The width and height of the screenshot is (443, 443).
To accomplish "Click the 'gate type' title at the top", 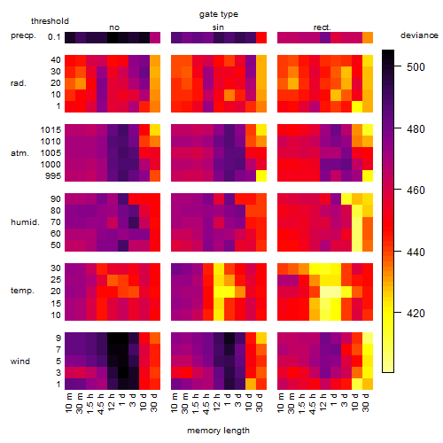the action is click(219, 14).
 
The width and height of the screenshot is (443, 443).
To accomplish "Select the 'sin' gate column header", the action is click(218, 27).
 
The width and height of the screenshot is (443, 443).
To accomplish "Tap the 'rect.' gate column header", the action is click(322, 27).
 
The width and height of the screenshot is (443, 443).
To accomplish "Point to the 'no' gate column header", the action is click(114, 27).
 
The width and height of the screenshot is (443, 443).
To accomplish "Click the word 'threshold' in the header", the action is click(50, 21).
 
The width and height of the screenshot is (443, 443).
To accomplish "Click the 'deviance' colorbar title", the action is click(419, 35).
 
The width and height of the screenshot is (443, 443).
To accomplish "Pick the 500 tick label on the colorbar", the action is click(416, 67).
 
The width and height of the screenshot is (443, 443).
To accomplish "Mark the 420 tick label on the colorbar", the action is click(416, 313).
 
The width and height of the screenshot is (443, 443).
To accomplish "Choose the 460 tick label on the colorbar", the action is click(416, 190).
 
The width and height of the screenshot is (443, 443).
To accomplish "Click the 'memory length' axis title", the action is click(218, 431).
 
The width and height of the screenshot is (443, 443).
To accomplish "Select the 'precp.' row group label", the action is click(23, 35).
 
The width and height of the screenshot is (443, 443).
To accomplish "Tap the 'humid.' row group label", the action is click(25, 222).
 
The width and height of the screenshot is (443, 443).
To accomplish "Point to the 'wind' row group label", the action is click(20, 361).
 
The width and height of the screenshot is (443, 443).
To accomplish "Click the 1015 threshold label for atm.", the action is click(51, 130).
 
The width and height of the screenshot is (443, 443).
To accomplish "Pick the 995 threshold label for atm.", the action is click(53, 176).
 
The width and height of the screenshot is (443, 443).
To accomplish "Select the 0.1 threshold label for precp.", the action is click(54, 37).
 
